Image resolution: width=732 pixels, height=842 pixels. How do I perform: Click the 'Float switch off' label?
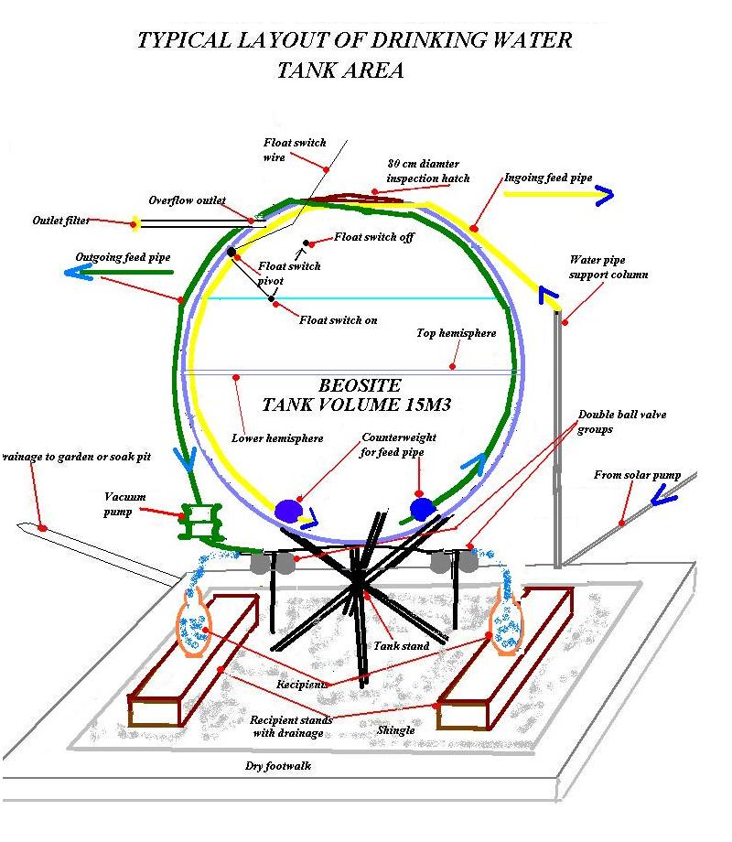coord(374,237)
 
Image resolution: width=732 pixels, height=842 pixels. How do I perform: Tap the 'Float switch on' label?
coord(339,320)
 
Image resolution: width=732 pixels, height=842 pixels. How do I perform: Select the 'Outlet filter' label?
coord(60,221)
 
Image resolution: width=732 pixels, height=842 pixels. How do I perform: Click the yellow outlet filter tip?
coord(135,223)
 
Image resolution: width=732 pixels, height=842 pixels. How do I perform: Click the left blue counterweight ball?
coord(288,511)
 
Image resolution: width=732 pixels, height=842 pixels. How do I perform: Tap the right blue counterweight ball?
coord(422,509)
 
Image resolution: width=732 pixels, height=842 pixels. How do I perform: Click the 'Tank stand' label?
coord(401,646)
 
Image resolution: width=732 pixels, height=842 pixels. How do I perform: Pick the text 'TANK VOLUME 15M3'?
coord(356,405)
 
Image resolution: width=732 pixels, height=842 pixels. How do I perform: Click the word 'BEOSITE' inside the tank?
coord(360,385)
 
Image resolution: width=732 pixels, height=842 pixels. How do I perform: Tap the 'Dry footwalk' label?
coord(277,766)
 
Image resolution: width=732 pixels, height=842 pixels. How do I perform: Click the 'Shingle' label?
coord(396,730)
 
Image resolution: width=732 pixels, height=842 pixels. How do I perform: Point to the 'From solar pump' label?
coord(637,475)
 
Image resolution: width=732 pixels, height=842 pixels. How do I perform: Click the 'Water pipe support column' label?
coord(608,267)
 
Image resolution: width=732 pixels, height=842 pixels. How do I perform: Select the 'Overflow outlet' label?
coord(187,200)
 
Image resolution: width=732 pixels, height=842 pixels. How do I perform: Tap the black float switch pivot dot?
coord(231,252)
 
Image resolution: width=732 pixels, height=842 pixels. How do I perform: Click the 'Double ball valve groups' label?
coord(622,422)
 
